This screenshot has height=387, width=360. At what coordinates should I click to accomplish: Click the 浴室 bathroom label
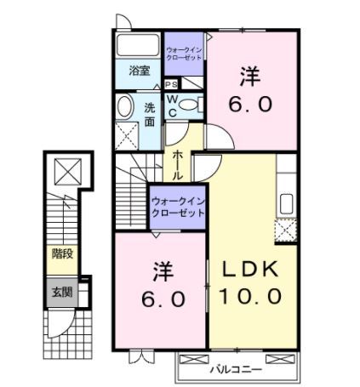tap(140, 71)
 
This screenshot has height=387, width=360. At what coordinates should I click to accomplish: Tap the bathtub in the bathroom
tap(140, 47)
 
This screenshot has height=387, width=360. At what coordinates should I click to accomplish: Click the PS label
tap(170, 85)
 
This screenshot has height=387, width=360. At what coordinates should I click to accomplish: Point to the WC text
tap(171, 105)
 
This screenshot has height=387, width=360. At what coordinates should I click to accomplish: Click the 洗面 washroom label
tap(149, 114)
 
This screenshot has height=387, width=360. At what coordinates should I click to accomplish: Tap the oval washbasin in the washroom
tap(124, 109)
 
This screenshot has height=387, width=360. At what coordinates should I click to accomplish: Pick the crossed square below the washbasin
tap(127, 135)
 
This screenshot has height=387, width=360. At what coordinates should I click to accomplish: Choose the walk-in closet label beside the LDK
tap(178, 207)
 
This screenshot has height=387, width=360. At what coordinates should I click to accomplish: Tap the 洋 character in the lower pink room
tap(163, 272)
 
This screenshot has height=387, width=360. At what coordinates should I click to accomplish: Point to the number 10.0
tap(251, 296)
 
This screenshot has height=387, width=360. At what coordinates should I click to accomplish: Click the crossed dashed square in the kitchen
tap(286, 230)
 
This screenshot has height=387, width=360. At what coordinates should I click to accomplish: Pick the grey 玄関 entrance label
tap(61, 292)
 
